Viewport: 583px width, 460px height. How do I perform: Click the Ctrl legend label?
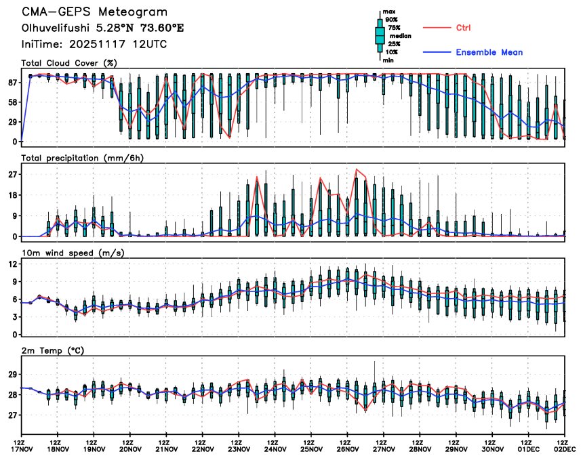point(463,28)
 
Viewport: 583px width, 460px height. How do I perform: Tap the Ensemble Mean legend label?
point(489,52)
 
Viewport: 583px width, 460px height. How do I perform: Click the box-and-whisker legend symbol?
point(380,36)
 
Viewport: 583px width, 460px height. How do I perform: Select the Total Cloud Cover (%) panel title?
point(68,63)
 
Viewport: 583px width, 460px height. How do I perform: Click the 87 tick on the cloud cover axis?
point(12,82)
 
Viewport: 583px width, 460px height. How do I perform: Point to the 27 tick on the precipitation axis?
point(12,174)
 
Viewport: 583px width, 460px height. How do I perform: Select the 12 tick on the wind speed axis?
point(12,264)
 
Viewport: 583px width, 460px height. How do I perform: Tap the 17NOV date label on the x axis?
point(22,448)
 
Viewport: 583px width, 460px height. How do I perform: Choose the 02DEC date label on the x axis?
point(565,448)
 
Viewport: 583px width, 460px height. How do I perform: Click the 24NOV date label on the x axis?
point(275,448)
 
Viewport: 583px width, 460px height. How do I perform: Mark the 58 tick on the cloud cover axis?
point(12,102)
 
